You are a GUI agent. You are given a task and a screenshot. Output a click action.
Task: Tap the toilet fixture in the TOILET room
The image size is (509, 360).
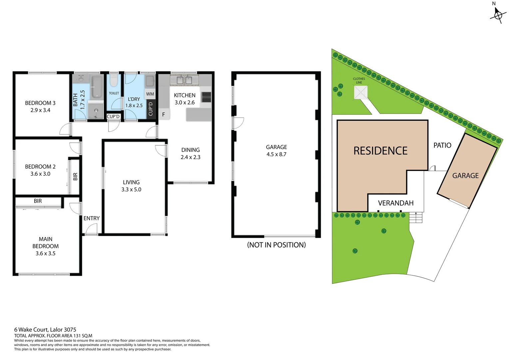pyautogui.click(x=114, y=80)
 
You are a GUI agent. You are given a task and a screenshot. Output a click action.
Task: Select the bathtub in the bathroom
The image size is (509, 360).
pyautogui.click(x=97, y=87)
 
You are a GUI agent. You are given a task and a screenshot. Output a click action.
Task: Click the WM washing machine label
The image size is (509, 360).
pyautogui.click(x=150, y=94)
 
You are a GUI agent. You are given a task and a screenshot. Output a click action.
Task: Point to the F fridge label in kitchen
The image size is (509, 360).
pyautogui.click(x=164, y=114)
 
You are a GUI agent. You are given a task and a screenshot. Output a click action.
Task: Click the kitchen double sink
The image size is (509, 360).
pyautogui.click(x=184, y=80)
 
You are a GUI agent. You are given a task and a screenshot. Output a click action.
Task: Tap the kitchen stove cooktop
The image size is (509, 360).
pyautogui.click(x=206, y=97)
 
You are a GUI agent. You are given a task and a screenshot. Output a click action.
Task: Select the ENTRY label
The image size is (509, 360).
pyautogui.click(x=91, y=218)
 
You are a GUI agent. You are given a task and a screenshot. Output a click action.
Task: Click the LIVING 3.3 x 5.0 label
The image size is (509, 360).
pyautogui.click(x=131, y=186)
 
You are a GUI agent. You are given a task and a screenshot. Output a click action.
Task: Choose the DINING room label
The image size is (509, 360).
pyautogui.click(x=191, y=153)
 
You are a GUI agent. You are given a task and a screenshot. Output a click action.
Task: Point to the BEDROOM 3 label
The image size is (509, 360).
pyautogui.click(x=40, y=106)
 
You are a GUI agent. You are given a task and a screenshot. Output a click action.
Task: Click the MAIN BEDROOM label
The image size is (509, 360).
pyautogui.click(x=46, y=246)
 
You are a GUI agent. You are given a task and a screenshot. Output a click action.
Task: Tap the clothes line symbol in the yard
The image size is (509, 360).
pyautogui.click(x=360, y=92)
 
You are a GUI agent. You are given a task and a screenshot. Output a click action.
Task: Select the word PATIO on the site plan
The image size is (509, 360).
pyautogui.click(x=442, y=145)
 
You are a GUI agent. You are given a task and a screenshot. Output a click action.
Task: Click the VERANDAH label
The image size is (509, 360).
pyautogui.click(x=395, y=203)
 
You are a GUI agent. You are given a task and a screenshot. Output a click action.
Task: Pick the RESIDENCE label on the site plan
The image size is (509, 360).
pyautogui.click(x=380, y=151)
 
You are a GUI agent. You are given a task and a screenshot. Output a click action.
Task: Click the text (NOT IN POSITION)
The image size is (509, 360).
pyautogui.click(x=276, y=245)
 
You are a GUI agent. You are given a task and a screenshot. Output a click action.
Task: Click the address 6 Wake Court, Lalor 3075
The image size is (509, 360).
pyautogui.click(x=45, y=330)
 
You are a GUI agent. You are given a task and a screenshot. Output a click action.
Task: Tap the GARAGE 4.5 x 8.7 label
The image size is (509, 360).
pyautogui.click(x=276, y=151)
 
